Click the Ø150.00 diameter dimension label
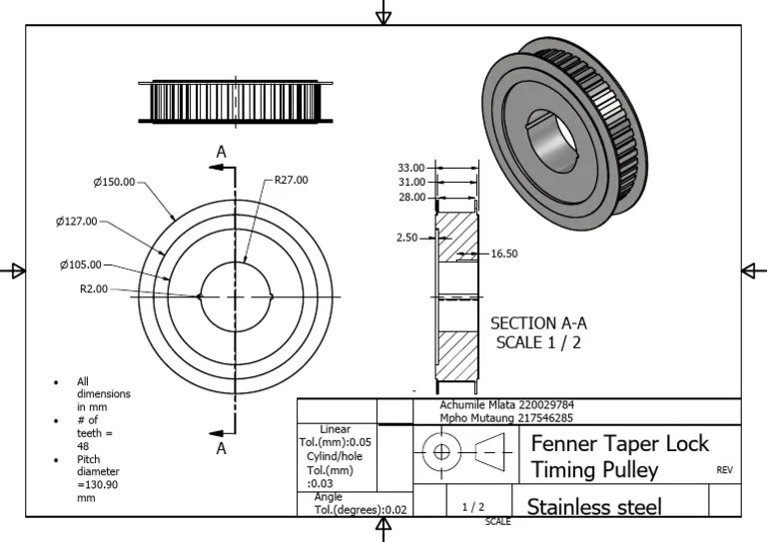coord(114,182)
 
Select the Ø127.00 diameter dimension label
coord(77,221)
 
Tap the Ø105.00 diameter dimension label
coord(80,265)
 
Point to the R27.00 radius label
coord(292,181)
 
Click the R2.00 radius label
coord(94,289)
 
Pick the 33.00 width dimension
coord(410,168)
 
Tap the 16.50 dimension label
coord(504,255)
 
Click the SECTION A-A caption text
coord(538,323)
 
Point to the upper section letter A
coord(222,152)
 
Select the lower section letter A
coord(222,448)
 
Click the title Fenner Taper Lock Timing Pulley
coord(619,455)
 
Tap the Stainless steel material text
coord(594,506)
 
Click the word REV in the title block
coord(725,469)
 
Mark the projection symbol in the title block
coord(461,454)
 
